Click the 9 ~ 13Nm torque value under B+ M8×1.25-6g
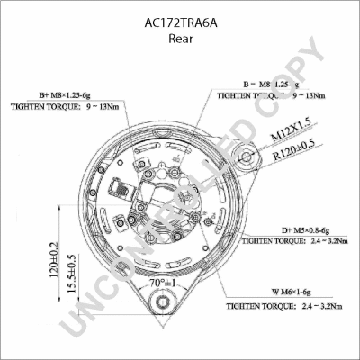pyautogui.click(x=103, y=106)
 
